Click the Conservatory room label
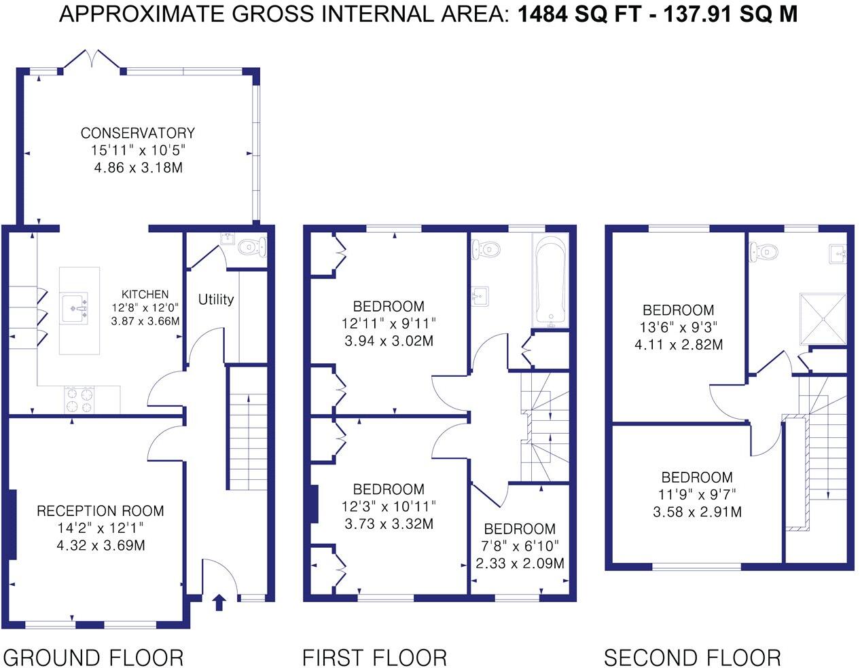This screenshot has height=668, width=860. pos(137,133)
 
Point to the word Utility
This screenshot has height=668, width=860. pos(216,299)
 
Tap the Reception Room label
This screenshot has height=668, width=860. pos(100,511)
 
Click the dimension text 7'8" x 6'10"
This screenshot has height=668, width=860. pos(520,546)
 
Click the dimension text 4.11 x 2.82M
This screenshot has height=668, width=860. pos(678,345)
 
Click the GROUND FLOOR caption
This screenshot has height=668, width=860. pos(93,658)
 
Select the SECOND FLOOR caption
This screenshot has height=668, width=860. pos(692,658)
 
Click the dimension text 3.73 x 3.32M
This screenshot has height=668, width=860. pos(389,524)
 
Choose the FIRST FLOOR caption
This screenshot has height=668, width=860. pos(374,658)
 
